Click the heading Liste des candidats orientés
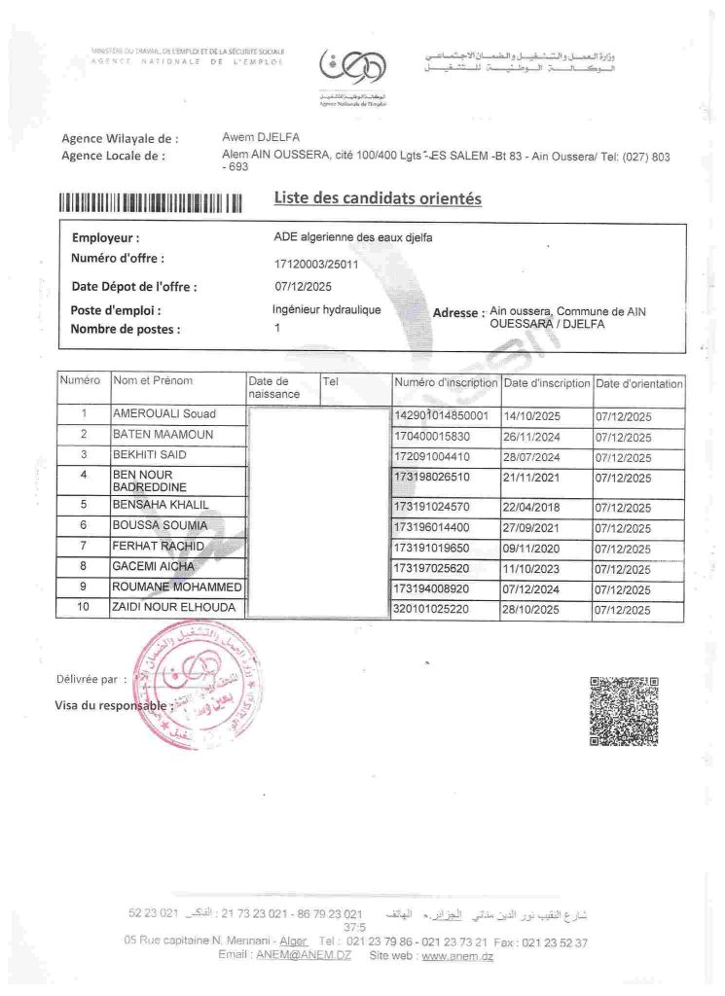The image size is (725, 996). (378, 198)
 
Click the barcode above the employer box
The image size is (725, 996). (150, 203)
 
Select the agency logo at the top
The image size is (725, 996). (352, 70)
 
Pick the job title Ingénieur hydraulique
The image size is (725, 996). (327, 310)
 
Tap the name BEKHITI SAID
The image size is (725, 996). (150, 455)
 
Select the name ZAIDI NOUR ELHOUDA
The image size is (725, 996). (175, 609)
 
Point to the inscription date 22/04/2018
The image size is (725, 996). (531, 507)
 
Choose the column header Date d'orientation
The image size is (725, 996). (639, 384)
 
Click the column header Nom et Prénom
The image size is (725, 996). (154, 380)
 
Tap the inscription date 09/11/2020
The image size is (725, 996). (531, 549)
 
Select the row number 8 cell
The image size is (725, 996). (84, 566)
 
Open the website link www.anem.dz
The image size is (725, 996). (457, 957)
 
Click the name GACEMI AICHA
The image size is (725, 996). (154, 566)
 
